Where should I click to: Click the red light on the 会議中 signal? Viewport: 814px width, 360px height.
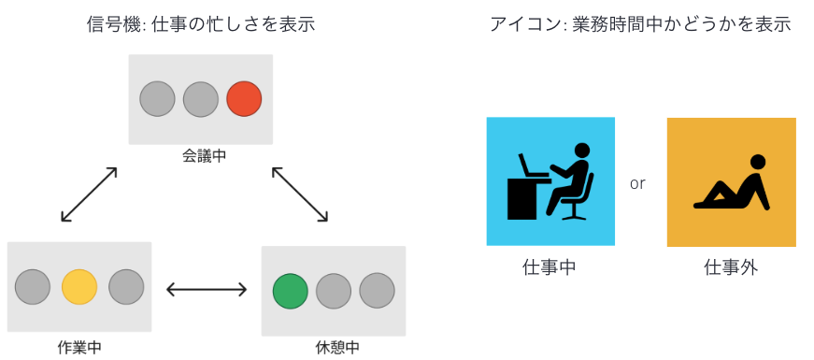(x=244, y=98)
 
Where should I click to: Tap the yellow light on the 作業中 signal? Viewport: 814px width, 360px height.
(x=79, y=286)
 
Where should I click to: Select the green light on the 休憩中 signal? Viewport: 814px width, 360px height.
(x=290, y=291)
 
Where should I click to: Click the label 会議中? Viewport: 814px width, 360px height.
(x=204, y=156)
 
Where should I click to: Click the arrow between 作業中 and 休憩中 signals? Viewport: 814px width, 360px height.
(x=207, y=290)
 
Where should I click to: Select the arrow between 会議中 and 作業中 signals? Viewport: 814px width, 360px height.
(x=89, y=194)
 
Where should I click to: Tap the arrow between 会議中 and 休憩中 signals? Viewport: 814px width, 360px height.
(x=300, y=194)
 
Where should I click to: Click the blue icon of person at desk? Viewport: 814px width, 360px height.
(x=550, y=181)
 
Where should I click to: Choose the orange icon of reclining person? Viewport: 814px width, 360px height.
(x=731, y=181)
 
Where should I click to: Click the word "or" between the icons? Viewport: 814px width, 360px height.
(x=637, y=183)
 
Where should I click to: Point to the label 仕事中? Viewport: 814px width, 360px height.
(x=549, y=267)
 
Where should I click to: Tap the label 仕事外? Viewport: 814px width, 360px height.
(x=731, y=267)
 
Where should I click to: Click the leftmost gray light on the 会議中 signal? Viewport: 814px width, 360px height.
(x=157, y=98)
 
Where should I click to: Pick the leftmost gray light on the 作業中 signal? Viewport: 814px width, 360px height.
(x=33, y=286)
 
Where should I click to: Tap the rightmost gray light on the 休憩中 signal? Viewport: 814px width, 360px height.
(x=377, y=291)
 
